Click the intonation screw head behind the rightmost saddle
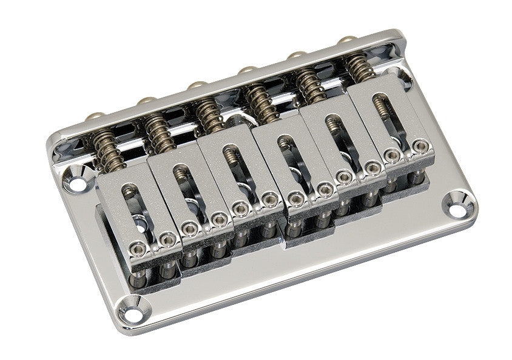(348, 40)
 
